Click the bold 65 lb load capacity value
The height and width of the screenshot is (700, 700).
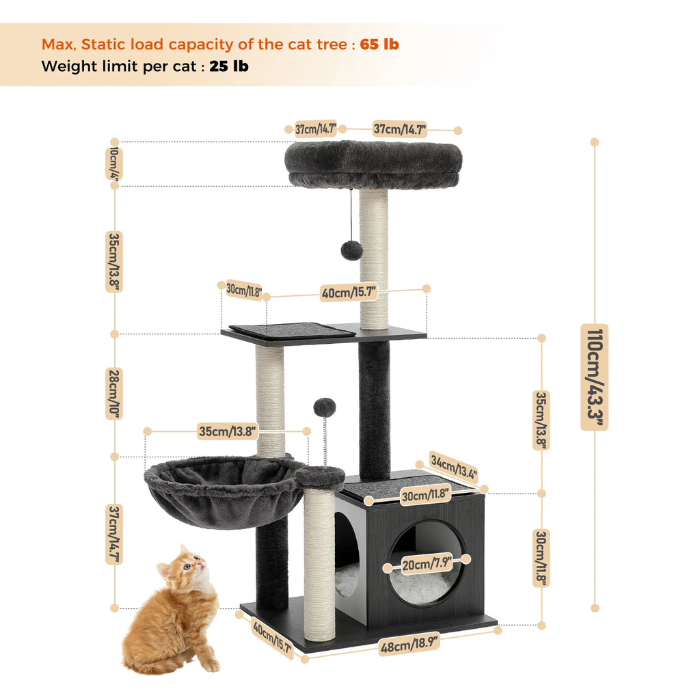379,44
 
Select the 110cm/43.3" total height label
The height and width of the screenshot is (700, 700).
594,377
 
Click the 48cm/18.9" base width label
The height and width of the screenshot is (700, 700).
409,645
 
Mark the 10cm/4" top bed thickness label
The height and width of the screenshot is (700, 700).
113,163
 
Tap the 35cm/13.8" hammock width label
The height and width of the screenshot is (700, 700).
228,431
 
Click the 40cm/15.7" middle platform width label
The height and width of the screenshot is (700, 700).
349,293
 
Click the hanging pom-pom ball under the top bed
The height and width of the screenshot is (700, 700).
351,250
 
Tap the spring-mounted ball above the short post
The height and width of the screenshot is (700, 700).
325,407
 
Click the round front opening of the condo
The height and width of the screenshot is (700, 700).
427,564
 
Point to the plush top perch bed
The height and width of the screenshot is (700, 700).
373,164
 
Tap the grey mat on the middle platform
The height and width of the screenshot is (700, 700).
293,330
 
